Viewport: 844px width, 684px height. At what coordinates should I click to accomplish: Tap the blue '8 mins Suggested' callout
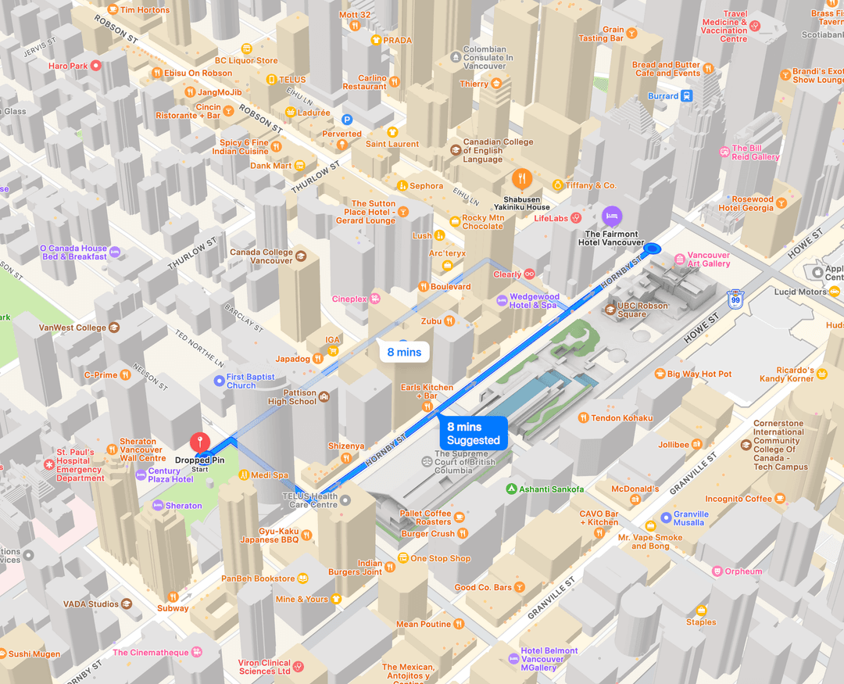pyautogui.click(x=473, y=434)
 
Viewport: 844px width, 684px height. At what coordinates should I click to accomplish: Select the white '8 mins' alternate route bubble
pyautogui.click(x=404, y=352)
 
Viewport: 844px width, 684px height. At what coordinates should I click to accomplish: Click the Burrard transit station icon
pyautogui.click(x=686, y=96)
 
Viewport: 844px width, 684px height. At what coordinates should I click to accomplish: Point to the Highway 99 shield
pyautogui.click(x=734, y=299)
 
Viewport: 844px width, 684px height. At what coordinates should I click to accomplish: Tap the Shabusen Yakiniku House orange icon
pyautogui.click(x=522, y=179)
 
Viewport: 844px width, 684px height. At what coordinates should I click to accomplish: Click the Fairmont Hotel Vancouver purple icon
pyautogui.click(x=612, y=214)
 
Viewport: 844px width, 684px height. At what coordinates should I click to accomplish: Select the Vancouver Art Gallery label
pyautogui.click(x=708, y=260)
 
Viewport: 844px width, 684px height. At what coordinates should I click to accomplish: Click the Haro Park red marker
pyautogui.click(x=96, y=66)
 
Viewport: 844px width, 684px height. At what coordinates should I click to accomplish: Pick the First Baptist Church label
pyautogui.click(x=250, y=381)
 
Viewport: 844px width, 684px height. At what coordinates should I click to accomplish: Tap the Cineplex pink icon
pyautogui.click(x=375, y=299)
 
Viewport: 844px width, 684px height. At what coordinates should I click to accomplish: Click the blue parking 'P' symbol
pyautogui.click(x=348, y=120)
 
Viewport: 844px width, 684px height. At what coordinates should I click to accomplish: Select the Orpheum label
pyautogui.click(x=742, y=571)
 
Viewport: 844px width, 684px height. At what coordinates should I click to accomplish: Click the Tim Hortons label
pyautogui.click(x=145, y=10)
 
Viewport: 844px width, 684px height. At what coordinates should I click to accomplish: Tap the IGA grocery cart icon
pyautogui.click(x=333, y=350)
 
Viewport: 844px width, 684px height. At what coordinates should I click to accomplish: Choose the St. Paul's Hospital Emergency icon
pyautogui.click(x=49, y=464)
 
